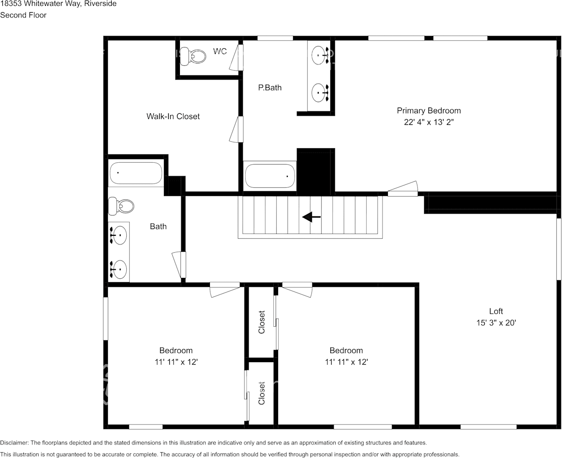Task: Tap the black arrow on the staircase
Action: tap(311, 217)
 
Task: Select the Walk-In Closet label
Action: tap(173, 116)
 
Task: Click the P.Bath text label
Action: tap(269, 88)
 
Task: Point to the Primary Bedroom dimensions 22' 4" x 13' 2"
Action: tap(429, 122)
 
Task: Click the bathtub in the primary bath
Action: tap(270, 175)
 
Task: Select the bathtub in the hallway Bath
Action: tap(135, 173)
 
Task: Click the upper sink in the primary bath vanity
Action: tap(319, 55)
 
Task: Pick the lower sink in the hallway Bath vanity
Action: tap(119, 269)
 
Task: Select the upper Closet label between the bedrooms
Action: tap(262, 322)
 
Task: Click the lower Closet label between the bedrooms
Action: tap(262, 393)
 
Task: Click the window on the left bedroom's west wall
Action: tap(105, 318)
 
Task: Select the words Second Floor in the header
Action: tap(23, 15)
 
